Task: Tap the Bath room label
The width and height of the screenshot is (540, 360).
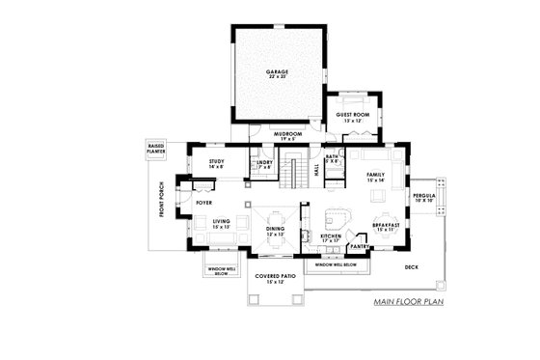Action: point(332,158)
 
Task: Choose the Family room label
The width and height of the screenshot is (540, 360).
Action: point(376,178)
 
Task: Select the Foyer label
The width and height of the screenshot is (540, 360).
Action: point(203,204)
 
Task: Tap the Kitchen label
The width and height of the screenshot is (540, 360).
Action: point(331,235)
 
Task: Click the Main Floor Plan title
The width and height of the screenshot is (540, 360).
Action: point(409,302)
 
